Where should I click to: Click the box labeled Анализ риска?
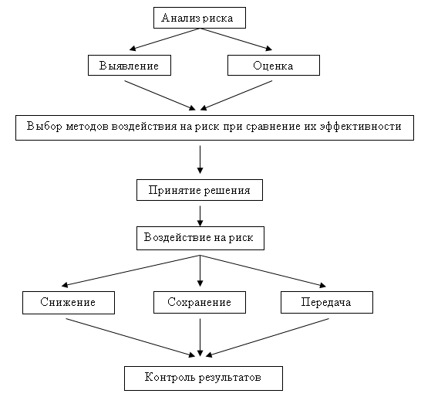pyautogui.click(x=200, y=18)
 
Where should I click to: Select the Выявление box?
pyautogui.click(x=130, y=66)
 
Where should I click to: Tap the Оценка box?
pyautogui.click(x=274, y=66)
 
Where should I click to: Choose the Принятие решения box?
pyautogui.click(x=200, y=190)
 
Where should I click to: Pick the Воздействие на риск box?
pyautogui.click(x=200, y=238)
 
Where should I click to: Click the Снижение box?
pyautogui.click(x=69, y=303)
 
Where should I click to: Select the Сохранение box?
pyautogui.click(x=200, y=302)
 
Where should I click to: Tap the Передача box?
pyautogui.click(x=327, y=302)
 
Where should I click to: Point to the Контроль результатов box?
pyautogui.click(x=204, y=378)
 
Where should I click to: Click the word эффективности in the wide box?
pyautogui.click(x=361, y=126)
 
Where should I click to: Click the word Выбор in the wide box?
pyautogui.click(x=44, y=126)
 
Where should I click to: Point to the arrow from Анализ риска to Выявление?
pyautogui.click(x=164, y=39)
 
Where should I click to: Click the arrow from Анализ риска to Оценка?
pyautogui.click(x=236, y=39)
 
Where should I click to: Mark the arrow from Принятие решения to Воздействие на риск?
pyautogui.click(x=200, y=216)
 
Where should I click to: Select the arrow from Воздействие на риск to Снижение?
pyautogui.click(x=131, y=271)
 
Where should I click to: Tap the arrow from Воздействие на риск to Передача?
pyautogui.click(x=263, y=271)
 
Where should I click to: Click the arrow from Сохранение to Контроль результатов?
pyautogui.click(x=200, y=338)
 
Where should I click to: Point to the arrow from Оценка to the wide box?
pyautogui.click(x=237, y=96)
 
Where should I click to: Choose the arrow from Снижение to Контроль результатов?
pyautogui.click(x=130, y=338)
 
